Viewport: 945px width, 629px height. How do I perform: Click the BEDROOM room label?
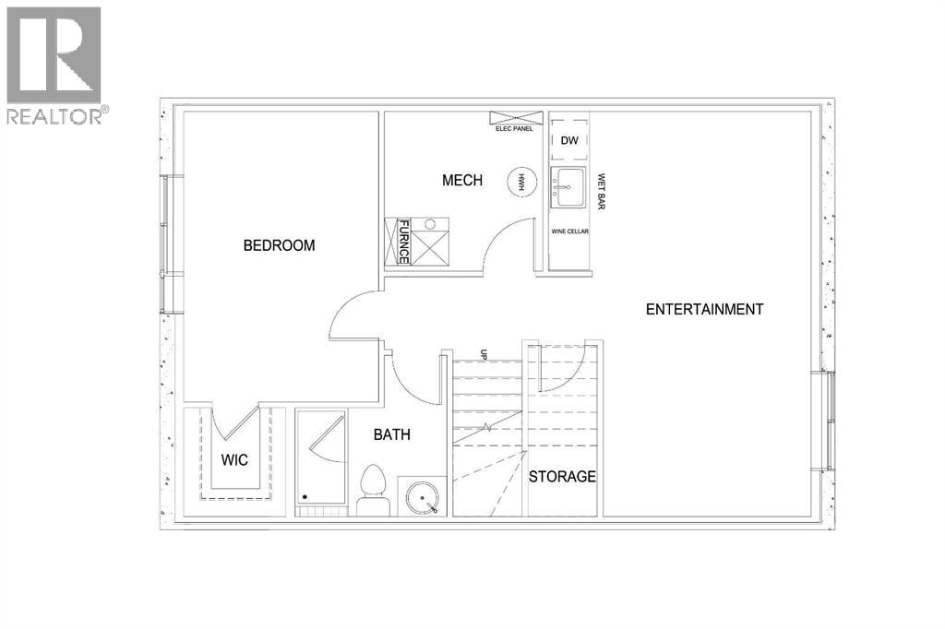(x=279, y=245)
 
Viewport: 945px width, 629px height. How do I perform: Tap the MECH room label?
(x=461, y=180)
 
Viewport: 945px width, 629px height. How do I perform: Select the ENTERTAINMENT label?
(x=704, y=309)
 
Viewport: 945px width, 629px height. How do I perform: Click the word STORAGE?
(x=562, y=477)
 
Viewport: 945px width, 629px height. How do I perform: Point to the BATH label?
(x=391, y=434)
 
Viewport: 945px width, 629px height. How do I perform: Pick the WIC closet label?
(x=234, y=459)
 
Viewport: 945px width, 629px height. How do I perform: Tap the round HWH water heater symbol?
(x=521, y=181)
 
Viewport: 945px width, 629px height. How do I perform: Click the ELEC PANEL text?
(x=514, y=129)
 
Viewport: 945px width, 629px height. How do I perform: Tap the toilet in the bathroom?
(x=372, y=490)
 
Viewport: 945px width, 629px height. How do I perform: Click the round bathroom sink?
(x=424, y=498)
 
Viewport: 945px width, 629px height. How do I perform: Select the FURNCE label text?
(x=403, y=242)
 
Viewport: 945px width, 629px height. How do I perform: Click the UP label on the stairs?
(x=483, y=354)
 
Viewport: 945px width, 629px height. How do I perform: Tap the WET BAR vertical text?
(x=601, y=191)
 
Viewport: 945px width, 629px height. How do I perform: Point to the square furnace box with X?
(x=430, y=246)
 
